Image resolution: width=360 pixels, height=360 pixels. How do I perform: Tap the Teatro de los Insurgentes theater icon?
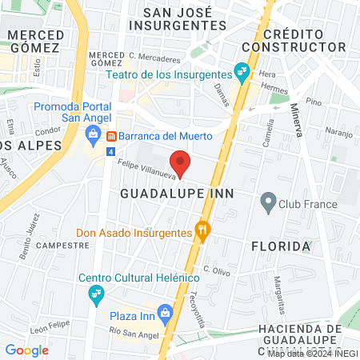[242, 73]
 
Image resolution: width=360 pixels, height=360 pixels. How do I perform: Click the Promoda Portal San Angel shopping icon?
[94, 134]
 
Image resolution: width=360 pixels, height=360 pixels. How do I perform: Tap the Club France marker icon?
[269, 203]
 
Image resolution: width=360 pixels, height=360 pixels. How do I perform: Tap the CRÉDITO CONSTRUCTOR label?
[304, 41]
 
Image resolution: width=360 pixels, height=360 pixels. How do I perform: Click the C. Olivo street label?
[217, 270]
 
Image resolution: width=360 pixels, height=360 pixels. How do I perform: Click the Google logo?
[27, 350]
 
